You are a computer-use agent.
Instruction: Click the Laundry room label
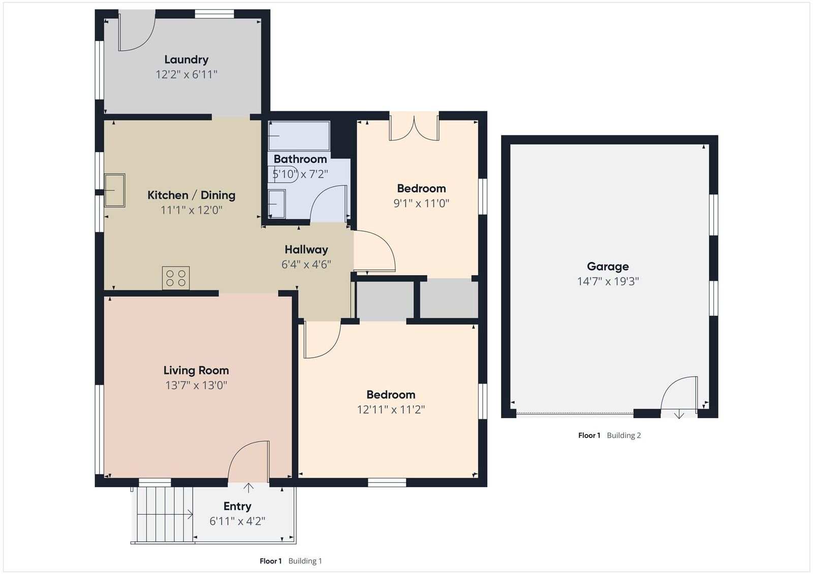click(x=186, y=59)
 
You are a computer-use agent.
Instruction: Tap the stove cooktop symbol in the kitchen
click(x=176, y=278)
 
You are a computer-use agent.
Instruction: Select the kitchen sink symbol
click(x=115, y=190)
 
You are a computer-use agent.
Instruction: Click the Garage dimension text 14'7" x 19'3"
click(x=608, y=281)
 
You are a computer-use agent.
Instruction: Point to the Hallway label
click(x=306, y=249)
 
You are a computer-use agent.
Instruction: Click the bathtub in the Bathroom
click(x=299, y=136)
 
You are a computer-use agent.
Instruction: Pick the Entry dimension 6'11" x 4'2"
click(x=237, y=521)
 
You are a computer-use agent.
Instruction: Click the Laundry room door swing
click(x=136, y=33)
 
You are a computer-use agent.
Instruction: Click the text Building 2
click(x=623, y=435)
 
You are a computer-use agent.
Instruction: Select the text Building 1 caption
click(x=305, y=561)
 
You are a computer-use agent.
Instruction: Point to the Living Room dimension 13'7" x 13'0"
click(x=196, y=385)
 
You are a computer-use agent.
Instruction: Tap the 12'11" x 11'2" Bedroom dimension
click(x=391, y=410)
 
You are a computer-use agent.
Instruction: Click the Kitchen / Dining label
click(x=191, y=195)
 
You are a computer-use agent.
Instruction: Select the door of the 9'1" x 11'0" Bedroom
click(x=374, y=250)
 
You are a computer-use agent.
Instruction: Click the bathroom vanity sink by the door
click(x=277, y=204)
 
